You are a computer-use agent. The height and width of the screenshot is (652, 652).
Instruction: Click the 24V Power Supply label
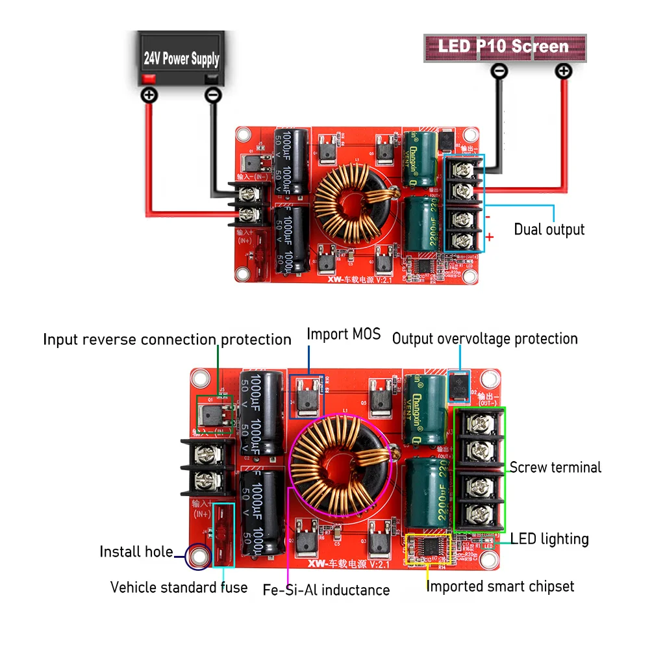click(181, 59)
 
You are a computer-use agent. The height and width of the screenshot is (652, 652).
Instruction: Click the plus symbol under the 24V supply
click(149, 95)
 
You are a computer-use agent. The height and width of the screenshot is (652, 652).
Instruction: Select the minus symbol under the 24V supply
click(212, 95)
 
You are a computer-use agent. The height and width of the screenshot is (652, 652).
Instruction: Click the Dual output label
click(549, 229)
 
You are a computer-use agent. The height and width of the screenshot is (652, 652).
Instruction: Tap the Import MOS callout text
click(344, 334)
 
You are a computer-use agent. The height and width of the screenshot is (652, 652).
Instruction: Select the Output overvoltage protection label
click(484, 339)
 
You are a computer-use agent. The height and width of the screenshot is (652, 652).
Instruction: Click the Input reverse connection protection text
click(167, 340)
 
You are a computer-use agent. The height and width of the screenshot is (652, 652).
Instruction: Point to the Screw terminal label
click(555, 468)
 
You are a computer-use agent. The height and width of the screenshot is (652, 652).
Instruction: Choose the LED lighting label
click(549, 539)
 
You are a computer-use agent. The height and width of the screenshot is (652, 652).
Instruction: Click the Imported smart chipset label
click(500, 586)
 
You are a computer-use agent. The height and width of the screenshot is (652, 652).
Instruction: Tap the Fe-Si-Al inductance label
click(326, 590)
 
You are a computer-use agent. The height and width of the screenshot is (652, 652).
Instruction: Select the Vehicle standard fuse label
click(179, 588)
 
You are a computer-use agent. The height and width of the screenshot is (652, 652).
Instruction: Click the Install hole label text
click(136, 552)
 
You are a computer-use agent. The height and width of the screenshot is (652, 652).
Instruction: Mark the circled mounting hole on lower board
click(197, 556)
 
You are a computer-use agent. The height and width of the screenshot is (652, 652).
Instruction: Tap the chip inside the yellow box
click(429, 548)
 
